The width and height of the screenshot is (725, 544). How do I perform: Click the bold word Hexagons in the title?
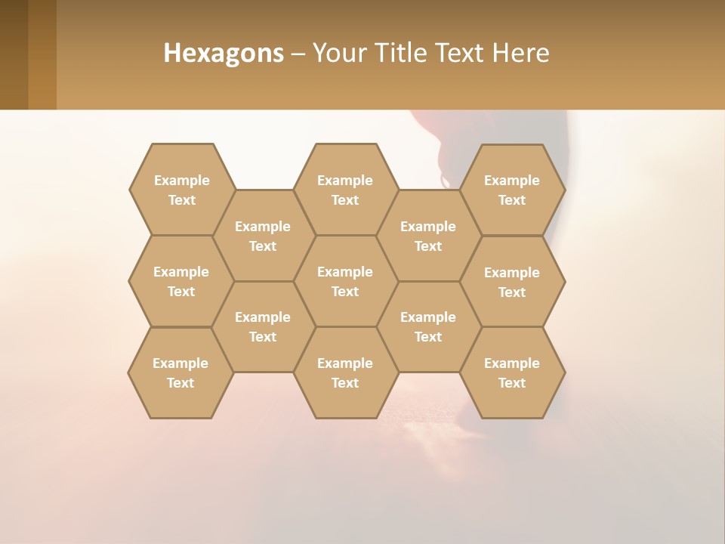[x=224, y=53]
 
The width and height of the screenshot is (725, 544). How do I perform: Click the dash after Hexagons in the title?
[x=298, y=54]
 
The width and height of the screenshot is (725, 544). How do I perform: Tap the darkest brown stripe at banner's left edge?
[x=14, y=54]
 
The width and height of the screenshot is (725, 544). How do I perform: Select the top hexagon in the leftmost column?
[x=181, y=190]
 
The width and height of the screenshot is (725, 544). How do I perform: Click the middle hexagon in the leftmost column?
[x=181, y=281]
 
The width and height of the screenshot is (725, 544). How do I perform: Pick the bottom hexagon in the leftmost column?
[x=180, y=372]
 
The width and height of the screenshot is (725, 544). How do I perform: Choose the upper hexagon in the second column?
[x=263, y=236]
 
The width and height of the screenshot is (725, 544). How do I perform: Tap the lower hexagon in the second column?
[x=263, y=326]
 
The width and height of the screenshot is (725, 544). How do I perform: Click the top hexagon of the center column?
[x=345, y=190]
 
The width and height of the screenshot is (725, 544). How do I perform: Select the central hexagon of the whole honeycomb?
[x=345, y=281]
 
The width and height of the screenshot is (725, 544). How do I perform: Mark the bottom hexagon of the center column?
[x=345, y=372]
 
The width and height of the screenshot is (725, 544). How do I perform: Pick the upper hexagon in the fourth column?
[x=428, y=236]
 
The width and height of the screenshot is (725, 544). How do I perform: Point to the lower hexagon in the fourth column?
[x=428, y=326]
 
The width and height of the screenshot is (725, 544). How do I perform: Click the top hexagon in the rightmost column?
[x=512, y=190]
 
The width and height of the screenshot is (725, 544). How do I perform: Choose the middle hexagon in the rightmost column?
[x=512, y=282]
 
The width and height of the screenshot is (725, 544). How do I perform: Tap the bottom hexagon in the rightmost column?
[x=512, y=372]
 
